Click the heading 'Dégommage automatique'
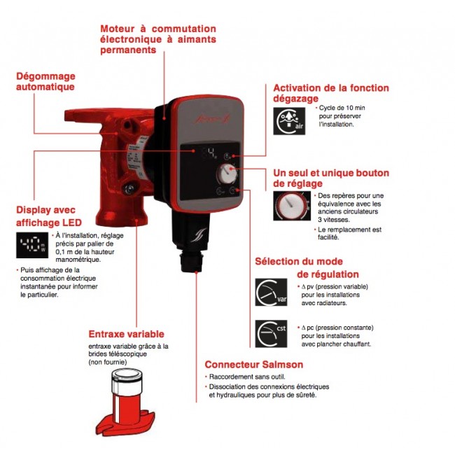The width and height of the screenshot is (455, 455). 45,81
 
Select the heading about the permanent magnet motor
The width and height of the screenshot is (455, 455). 157,39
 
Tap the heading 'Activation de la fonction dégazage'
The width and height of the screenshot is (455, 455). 331,94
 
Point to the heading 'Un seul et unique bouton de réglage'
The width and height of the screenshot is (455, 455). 330,178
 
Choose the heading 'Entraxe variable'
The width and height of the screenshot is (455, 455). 126,335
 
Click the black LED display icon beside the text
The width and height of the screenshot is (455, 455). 31,245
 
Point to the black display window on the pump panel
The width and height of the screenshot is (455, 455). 209,153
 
